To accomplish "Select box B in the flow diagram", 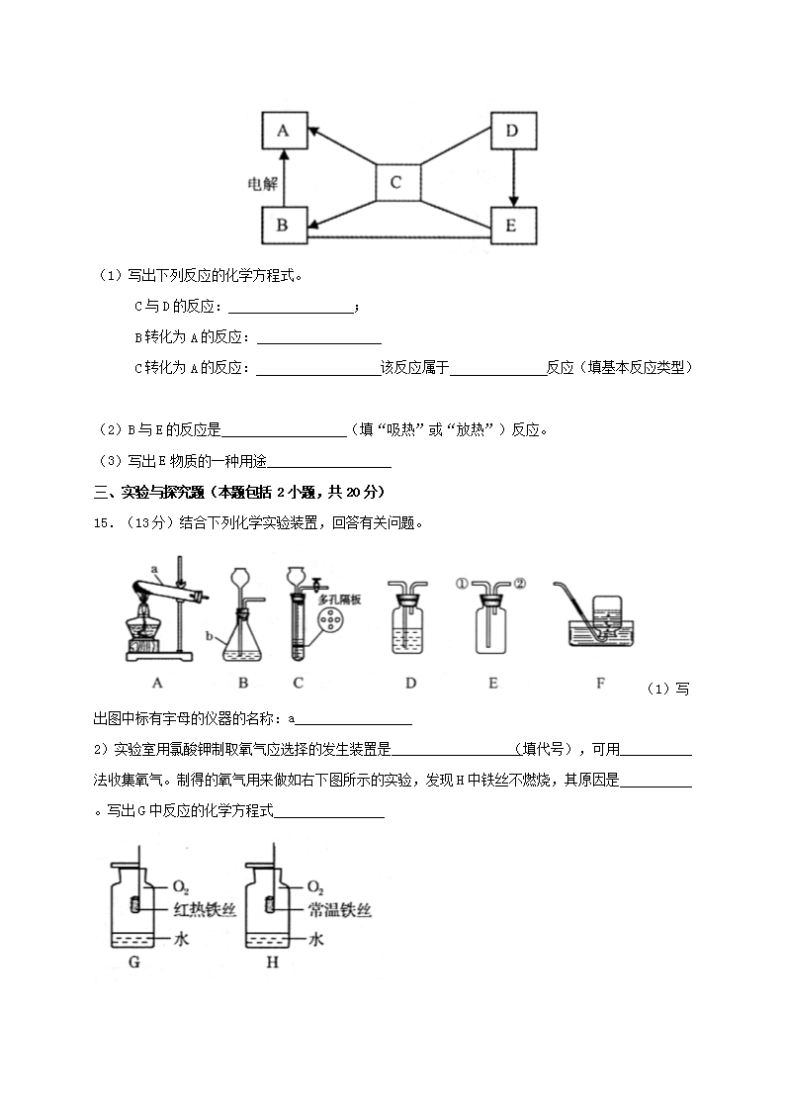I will pos(283,226).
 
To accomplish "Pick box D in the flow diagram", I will pos(512,131).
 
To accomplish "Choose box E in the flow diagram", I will pos(511,226).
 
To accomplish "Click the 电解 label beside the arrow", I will pos(261,183).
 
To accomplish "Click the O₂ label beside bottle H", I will pos(316,886).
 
